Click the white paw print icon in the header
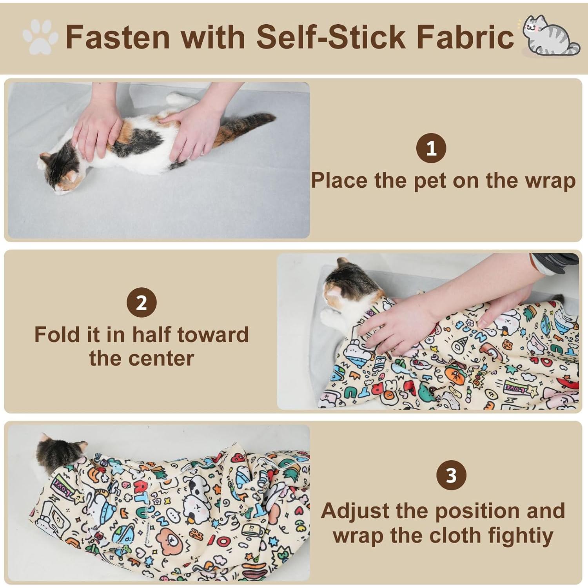click(x=40, y=37)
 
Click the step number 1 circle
click(x=431, y=148)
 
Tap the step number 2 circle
click(x=142, y=303)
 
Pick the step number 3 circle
click(x=451, y=475)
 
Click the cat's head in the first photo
click(x=59, y=172)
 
